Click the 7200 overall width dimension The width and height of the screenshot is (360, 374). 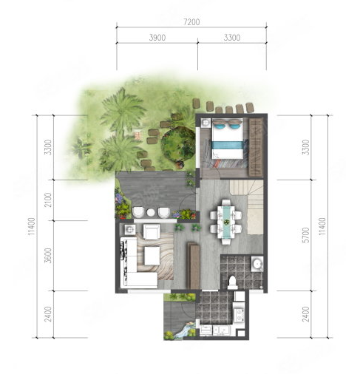click(x=191, y=22)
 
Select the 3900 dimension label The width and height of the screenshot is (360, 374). click(x=157, y=38)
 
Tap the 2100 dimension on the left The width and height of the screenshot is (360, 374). click(x=49, y=200)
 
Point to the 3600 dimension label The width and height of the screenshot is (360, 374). click(x=49, y=256)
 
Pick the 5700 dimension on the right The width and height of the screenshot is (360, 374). click(x=305, y=235)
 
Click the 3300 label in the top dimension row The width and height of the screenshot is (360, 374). click(x=232, y=38)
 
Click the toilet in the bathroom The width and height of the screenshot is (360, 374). click(x=232, y=282)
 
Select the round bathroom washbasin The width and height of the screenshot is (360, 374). click(x=257, y=264)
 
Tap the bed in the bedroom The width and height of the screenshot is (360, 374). click(x=228, y=139)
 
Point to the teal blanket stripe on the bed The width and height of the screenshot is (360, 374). click(x=228, y=145)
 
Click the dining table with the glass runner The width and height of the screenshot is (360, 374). click(x=226, y=222)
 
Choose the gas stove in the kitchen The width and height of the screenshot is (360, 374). click(x=239, y=315)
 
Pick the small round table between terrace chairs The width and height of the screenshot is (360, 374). click(x=150, y=213)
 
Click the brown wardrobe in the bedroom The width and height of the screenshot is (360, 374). click(x=255, y=147)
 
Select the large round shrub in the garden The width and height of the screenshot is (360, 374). click(x=178, y=145)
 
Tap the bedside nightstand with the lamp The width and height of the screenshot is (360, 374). click(x=206, y=123)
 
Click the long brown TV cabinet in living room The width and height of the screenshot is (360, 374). click(x=194, y=265)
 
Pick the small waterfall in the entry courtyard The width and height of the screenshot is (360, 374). click(x=183, y=330)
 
